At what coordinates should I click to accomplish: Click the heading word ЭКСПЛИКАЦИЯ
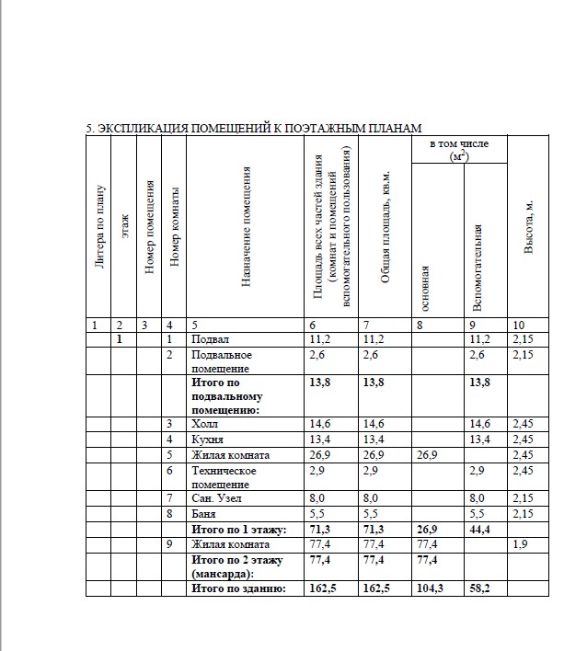[139, 128]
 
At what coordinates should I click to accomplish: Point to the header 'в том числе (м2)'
[459, 151]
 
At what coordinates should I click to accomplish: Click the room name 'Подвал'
[210, 339]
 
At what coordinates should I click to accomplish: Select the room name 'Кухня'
[208, 440]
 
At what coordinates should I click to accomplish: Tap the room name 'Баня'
[205, 514]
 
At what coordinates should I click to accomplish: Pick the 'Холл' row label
[207, 425]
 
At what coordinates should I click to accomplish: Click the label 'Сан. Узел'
[216, 499]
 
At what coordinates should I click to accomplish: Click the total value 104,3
[429, 588]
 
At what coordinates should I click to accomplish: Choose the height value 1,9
[520, 544]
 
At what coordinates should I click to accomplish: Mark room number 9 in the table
[169, 544]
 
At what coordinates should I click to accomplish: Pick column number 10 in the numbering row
[520, 325]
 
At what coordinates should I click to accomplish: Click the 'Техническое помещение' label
[224, 477]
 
